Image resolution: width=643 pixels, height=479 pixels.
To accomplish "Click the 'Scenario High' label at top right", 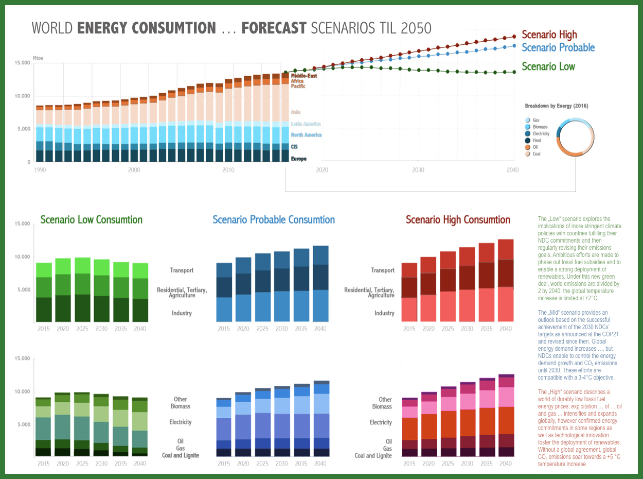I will pyautogui.click(x=549, y=35).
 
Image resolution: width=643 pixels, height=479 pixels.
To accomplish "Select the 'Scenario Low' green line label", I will pyautogui.click(x=548, y=66).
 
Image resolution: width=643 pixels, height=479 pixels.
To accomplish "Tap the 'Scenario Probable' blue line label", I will pyautogui.click(x=558, y=48).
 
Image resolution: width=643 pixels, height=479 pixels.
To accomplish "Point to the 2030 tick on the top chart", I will pyautogui.click(x=418, y=170).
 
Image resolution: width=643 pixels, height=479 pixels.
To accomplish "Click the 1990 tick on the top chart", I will pyautogui.click(x=39, y=170).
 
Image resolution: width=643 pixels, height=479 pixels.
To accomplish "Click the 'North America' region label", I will pyautogui.click(x=306, y=135).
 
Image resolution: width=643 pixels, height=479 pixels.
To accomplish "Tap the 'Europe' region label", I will pyautogui.click(x=298, y=159).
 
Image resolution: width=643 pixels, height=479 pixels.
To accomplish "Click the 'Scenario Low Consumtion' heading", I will pyautogui.click(x=92, y=220).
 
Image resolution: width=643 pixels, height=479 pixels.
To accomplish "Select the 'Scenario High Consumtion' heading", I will pyautogui.click(x=458, y=220).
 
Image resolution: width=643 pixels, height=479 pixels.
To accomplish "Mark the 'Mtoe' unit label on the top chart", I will pyautogui.click(x=38, y=58).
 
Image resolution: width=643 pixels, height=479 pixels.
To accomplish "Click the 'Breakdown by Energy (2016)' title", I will pyautogui.click(x=557, y=106).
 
